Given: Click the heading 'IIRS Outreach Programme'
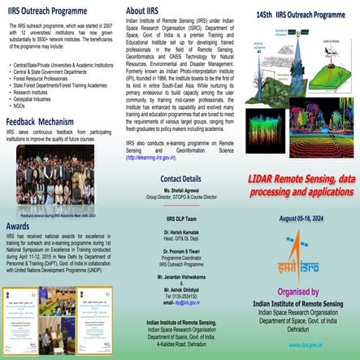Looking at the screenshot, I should click(x=47, y=12).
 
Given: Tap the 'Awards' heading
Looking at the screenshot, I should click(x=18, y=226).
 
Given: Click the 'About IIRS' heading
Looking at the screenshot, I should click(x=147, y=11).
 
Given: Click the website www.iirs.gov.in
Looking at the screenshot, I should click(x=324, y=345).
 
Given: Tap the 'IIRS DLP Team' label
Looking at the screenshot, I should click(x=180, y=218).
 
